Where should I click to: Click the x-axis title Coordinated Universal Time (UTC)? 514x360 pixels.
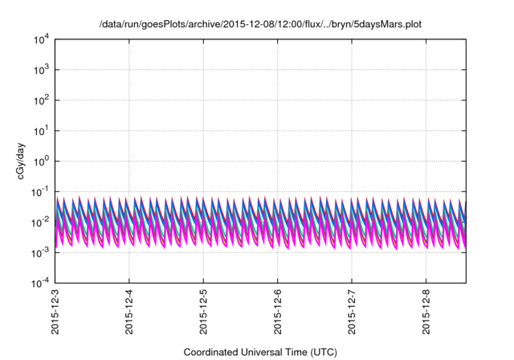[x=259, y=352]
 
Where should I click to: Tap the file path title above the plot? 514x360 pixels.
[x=259, y=25]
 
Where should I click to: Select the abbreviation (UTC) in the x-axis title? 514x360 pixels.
[x=320, y=352]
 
